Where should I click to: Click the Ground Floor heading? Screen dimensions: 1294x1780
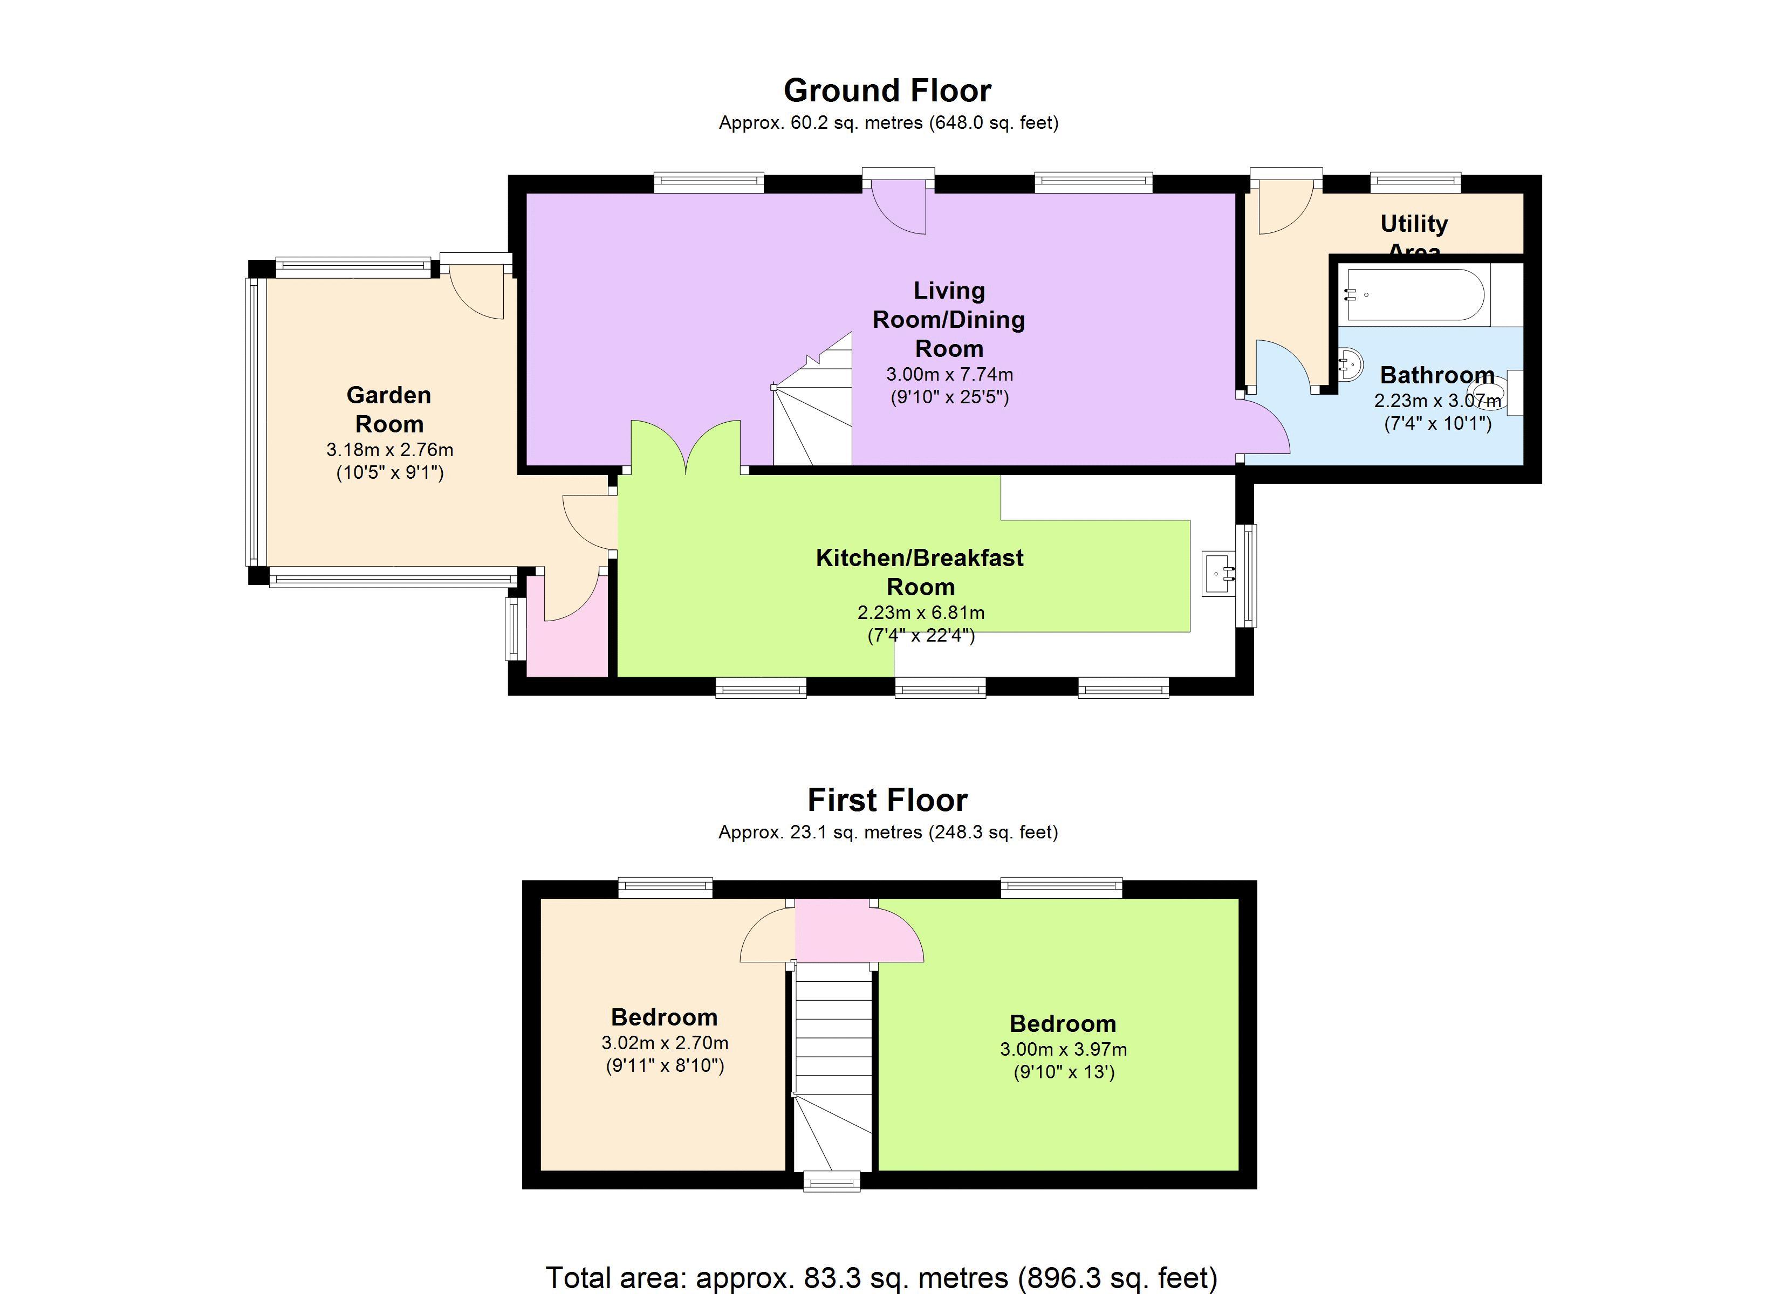click(x=888, y=91)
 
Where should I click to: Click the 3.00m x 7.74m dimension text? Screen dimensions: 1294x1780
click(x=949, y=374)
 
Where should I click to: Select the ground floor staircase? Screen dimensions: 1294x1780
click(x=813, y=408)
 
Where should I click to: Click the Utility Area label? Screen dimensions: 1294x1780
click(x=1414, y=233)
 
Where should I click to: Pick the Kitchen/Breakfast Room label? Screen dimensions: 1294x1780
click(x=920, y=572)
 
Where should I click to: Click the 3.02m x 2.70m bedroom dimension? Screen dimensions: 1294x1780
click(x=665, y=1043)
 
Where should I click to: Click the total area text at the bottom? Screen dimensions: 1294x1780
click(x=881, y=1277)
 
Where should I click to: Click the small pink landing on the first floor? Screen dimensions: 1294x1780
click(x=833, y=931)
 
